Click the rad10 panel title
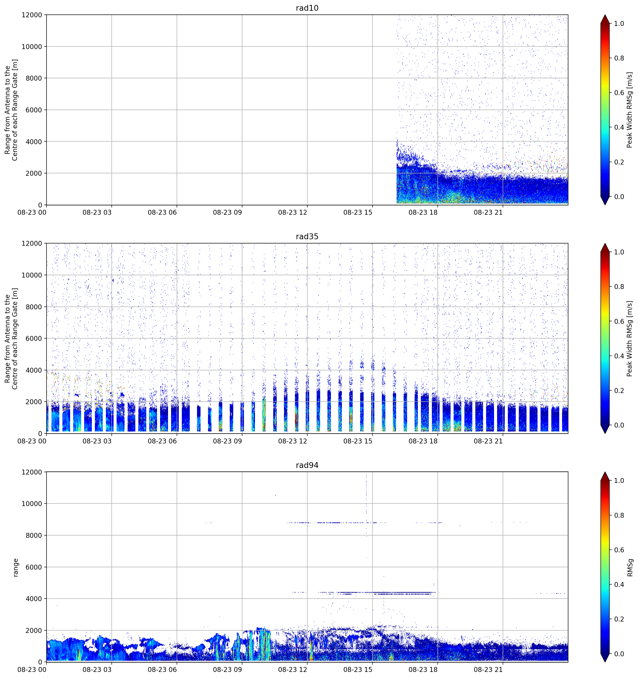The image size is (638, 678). tap(307, 8)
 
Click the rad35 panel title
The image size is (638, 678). tap(307, 237)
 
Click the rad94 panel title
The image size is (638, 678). tap(307, 465)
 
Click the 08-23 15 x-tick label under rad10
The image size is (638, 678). tap(358, 212)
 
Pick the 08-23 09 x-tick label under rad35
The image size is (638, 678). tap(227, 441)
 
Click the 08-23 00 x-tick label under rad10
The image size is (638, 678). tap(32, 212)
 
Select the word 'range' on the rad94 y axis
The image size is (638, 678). tap(16, 567)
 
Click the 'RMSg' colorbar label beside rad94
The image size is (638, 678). tap(630, 567)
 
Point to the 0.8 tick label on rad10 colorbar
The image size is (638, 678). tap(619, 58)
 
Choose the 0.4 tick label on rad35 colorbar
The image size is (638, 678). tap(619, 356)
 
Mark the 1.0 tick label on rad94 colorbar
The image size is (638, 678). tap(619, 481)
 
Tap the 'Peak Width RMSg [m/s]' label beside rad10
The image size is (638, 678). tap(630, 110)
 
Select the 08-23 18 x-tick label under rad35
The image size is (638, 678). tap(423, 441)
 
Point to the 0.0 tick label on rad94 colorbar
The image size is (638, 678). tap(619, 654)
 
